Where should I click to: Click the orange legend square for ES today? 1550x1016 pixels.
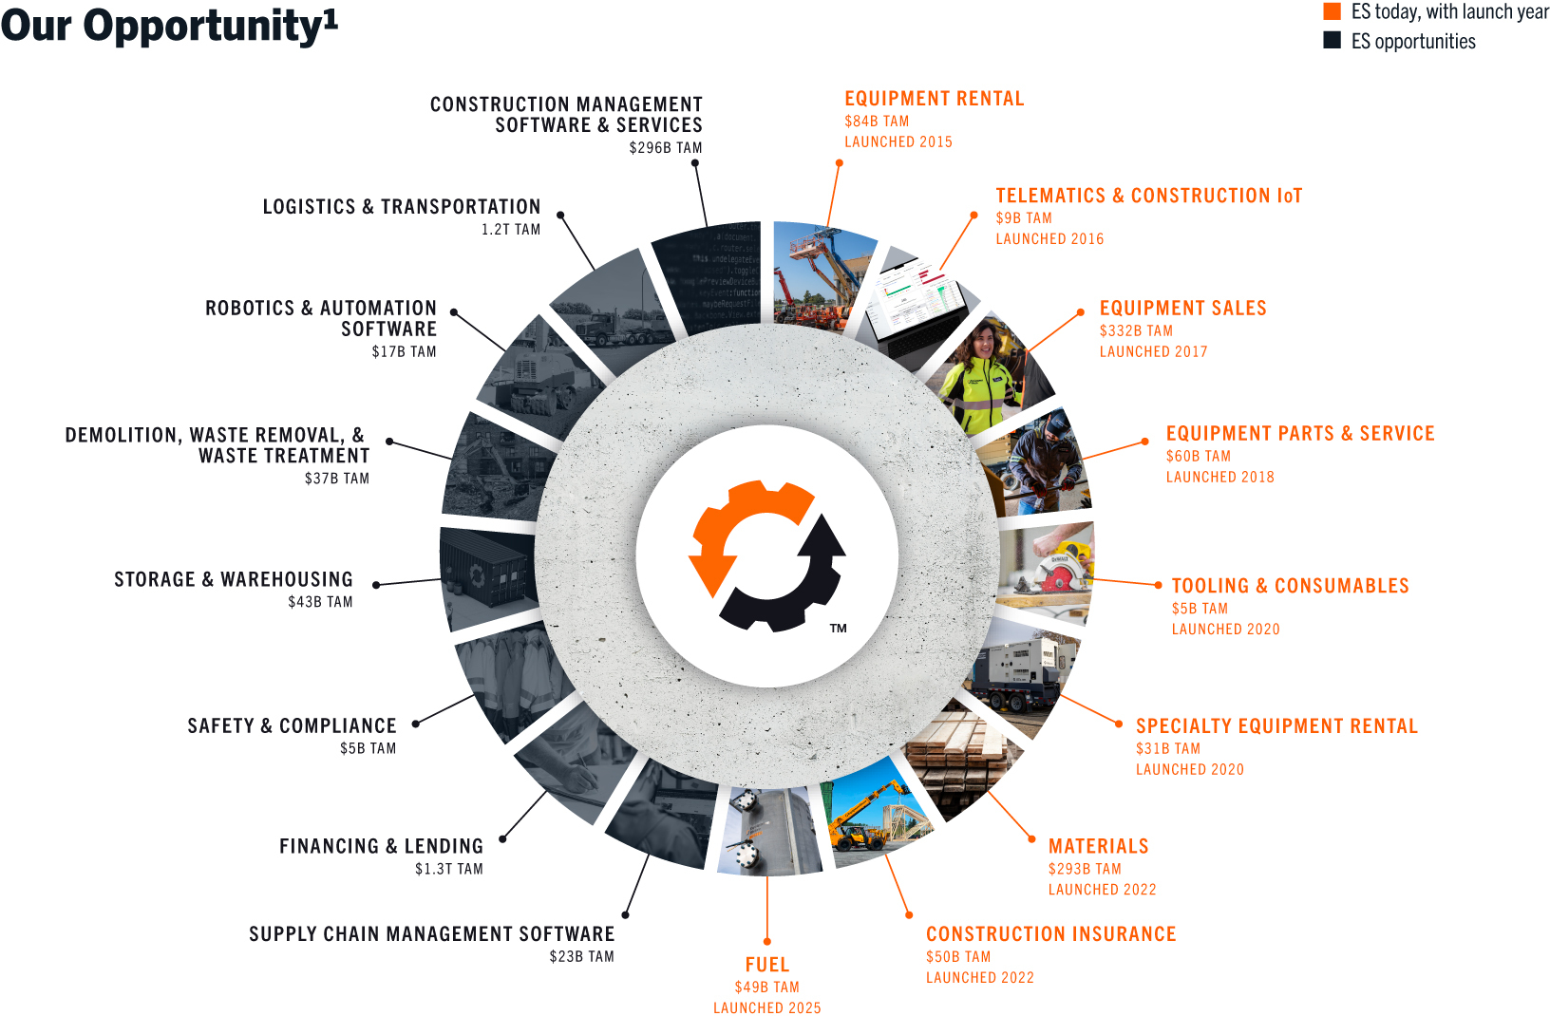(1332, 11)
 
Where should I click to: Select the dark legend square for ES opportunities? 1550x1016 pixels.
(1332, 40)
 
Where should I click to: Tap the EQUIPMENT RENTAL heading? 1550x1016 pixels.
(935, 99)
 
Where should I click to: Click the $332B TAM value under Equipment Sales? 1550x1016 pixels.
(1136, 330)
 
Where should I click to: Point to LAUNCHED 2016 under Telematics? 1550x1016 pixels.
(1049, 239)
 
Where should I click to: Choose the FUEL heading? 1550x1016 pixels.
(767, 965)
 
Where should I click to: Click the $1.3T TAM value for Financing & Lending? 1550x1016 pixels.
(448, 869)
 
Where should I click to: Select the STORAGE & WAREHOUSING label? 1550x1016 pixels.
(234, 579)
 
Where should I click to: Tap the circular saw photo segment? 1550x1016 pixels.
(1046, 570)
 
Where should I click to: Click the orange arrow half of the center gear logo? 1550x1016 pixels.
(746, 532)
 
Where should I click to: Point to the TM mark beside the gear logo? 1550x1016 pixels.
(838, 629)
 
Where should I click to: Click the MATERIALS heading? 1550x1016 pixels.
(1099, 846)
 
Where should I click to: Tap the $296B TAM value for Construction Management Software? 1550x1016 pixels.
(666, 148)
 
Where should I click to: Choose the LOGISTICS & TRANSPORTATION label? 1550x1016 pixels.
(402, 207)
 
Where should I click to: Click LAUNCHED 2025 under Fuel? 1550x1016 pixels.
(767, 1007)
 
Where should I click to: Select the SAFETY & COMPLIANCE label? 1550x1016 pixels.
(292, 725)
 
